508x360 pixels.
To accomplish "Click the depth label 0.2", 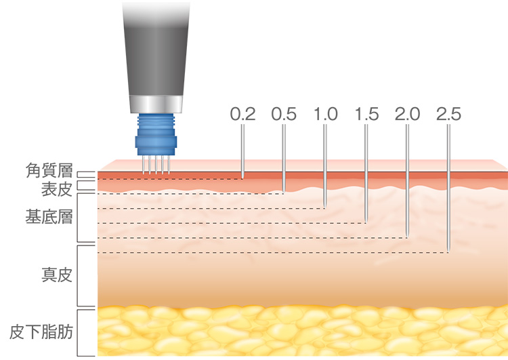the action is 242,114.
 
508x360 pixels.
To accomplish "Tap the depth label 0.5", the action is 284,114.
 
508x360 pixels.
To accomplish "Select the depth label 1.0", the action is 325,114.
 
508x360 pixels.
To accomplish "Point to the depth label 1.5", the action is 366,114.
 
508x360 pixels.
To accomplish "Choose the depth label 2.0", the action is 407,114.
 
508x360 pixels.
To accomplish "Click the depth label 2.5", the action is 448,114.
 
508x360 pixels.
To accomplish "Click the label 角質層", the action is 49,171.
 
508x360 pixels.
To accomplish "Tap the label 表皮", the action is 57,189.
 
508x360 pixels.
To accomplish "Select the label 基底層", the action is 49,217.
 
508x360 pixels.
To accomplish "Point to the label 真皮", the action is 57,275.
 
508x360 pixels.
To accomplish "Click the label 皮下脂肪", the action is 41,332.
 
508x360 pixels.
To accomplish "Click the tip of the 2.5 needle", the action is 448,252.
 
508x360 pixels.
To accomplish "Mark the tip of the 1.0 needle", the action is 325,207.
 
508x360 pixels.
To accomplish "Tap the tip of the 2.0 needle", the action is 407,237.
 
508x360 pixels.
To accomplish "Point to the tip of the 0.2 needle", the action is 242,178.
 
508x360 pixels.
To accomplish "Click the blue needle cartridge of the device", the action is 156,135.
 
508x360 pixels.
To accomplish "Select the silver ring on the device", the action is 156,104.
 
